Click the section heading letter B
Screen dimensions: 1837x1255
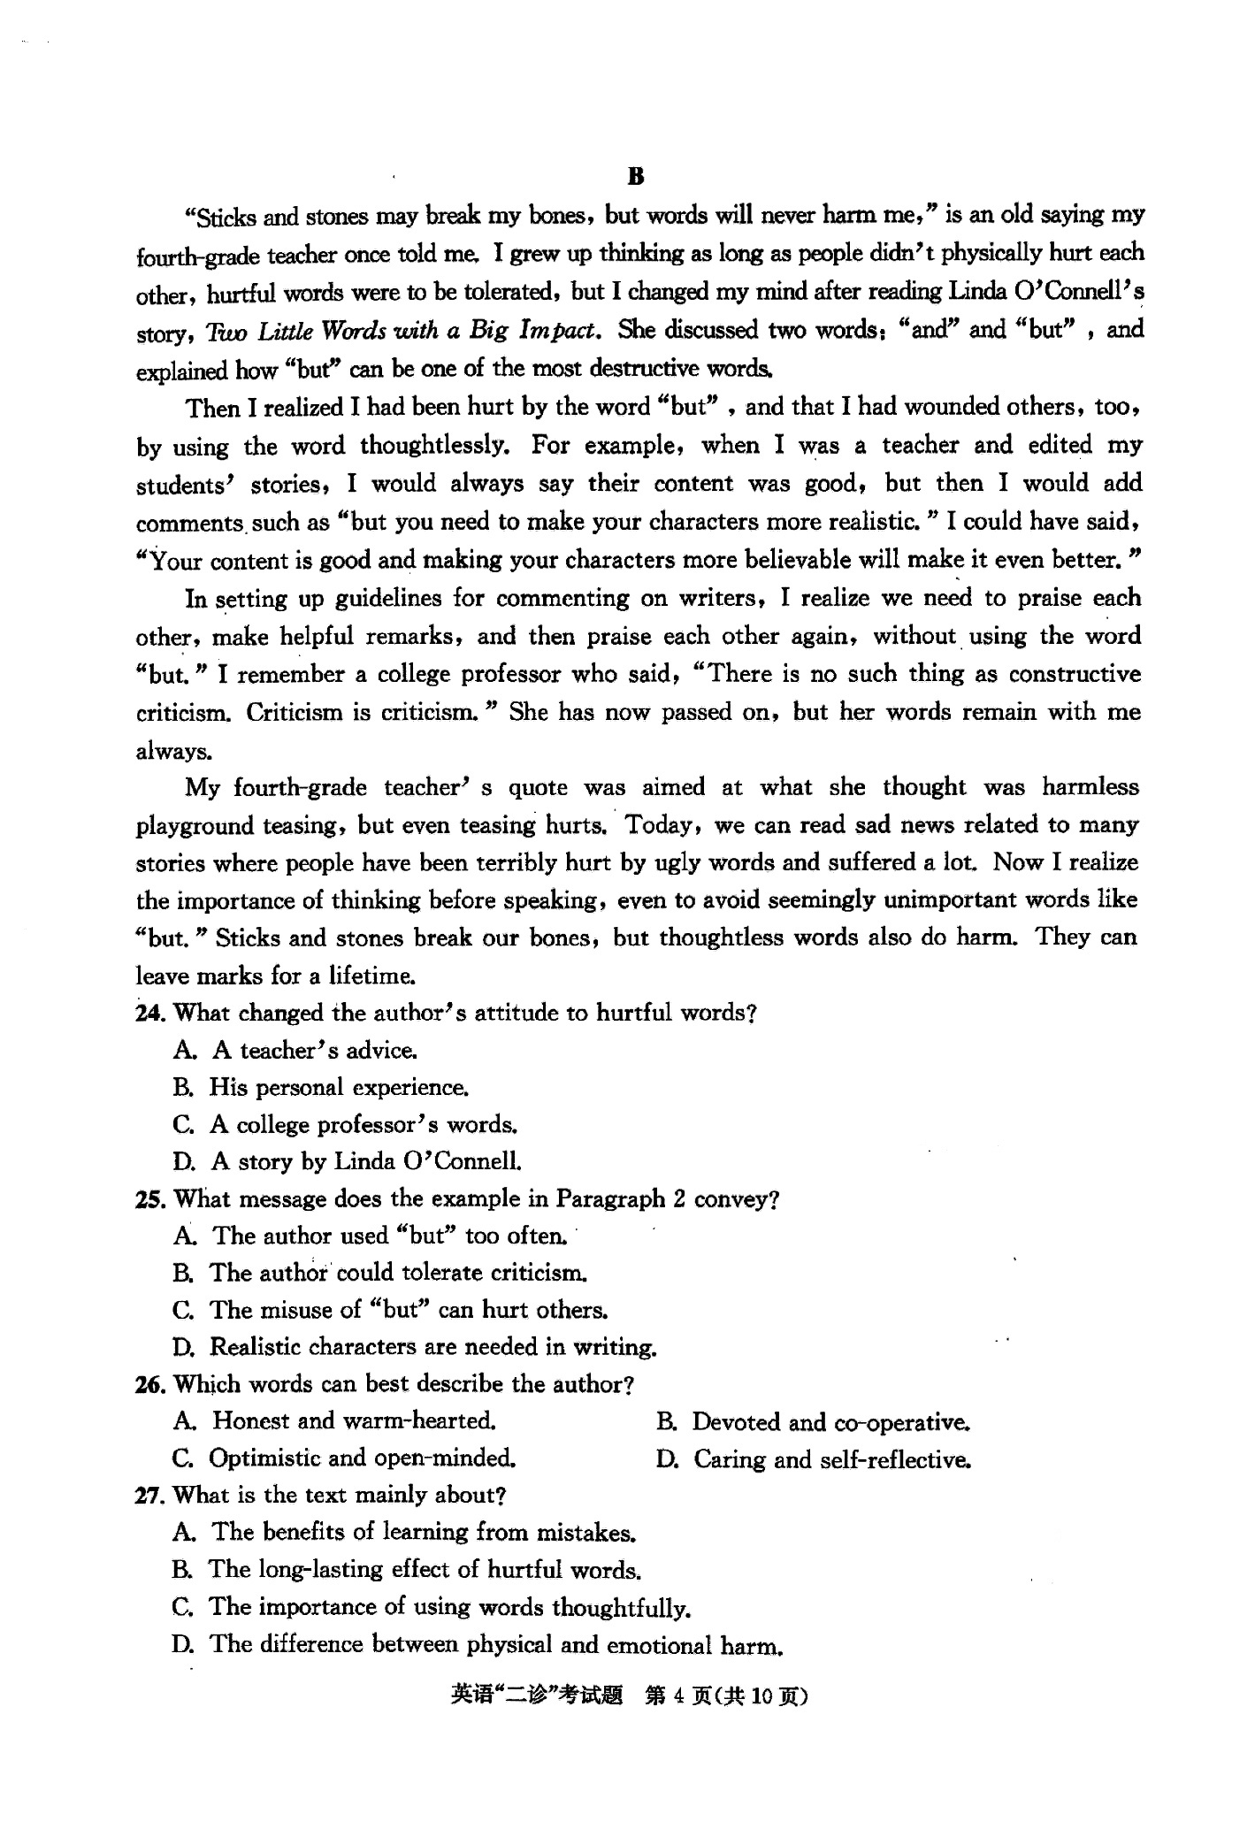[x=636, y=176]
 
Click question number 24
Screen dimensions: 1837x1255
[x=148, y=1013]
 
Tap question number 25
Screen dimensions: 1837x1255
[x=148, y=1199]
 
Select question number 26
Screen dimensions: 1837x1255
[x=148, y=1384]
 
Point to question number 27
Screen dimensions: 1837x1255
[x=148, y=1496]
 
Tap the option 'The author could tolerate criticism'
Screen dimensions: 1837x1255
[x=398, y=1273]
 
